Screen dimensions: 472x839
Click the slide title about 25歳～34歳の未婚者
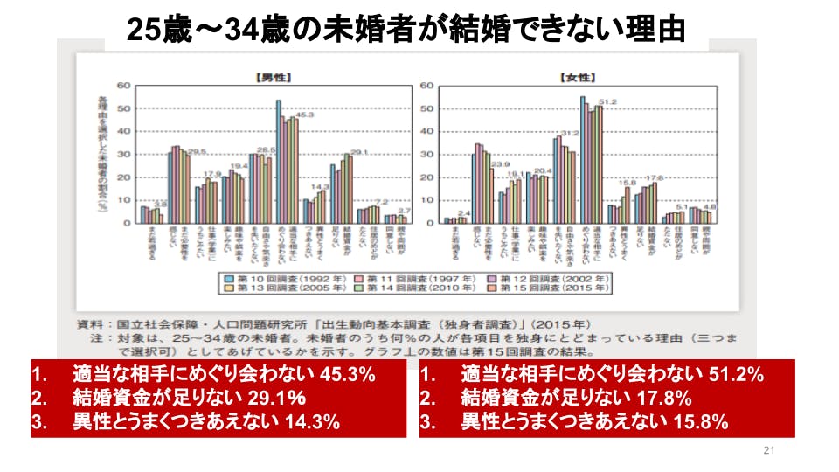pos(406,31)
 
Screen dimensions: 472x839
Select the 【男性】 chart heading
pos(271,77)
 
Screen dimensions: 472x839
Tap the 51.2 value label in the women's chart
pos(608,102)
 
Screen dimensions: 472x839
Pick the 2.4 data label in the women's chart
pos(464,213)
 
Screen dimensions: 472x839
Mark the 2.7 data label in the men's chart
pos(404,211)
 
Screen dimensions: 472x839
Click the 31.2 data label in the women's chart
pos(570,134)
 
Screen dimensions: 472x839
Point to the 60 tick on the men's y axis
pos(123,86)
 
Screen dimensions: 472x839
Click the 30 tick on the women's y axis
pos(427,154)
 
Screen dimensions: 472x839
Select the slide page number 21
pos(769,451)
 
